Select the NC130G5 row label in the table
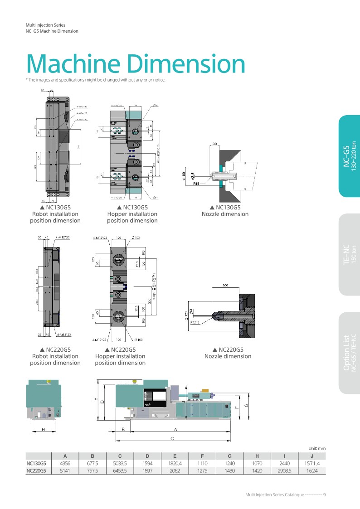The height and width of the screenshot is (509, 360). click(37, 464)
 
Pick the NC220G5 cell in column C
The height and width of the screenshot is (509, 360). click(120, 471)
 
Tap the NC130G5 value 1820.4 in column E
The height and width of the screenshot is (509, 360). click(175, 464)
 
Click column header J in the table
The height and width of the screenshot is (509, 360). click(312, 456)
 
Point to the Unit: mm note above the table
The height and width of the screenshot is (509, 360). click(317, 448)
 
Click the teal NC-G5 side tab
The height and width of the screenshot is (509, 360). click(349, 156)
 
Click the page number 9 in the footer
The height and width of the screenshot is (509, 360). click(325, 494)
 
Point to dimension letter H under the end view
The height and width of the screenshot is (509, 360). click(43, 429)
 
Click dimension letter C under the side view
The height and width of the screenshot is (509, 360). click(172, 438)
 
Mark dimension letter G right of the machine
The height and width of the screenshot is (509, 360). click(246, 405)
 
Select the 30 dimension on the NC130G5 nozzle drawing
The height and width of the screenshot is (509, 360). click(215, 144)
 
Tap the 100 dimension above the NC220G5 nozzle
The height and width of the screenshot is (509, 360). click(225, 286)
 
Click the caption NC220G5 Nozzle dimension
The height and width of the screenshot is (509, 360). click(228, 353)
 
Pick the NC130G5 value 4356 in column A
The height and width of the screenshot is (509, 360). click(65, 464)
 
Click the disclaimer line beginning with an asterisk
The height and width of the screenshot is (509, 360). click(95, 80)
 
